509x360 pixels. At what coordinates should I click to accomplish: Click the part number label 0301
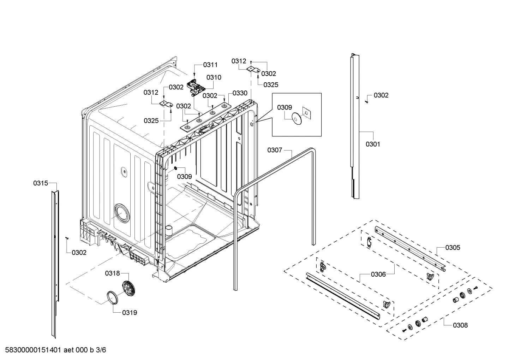pyautogui.click(x=373, y=144)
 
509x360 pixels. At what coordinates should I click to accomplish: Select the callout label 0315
pyautogui.click(x=41, y=183)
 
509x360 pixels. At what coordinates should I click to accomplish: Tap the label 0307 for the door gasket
pyautogui.click(x=275, y=150)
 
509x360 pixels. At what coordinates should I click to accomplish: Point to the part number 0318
pyautogui.click(x=112, y=273)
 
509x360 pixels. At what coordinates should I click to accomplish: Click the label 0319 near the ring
pyautogui.click(x=130, y=313)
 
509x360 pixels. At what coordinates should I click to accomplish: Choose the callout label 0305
pyautogui.click(x=453, y=248)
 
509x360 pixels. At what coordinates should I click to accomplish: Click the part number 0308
pyautogui.click(x=460, y=325)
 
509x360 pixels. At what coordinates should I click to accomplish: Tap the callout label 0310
pyautogui.click(x=214, y=77)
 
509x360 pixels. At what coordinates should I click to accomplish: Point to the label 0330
pyautogui.click(x=240, y=93)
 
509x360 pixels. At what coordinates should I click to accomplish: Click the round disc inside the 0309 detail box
pyautogui.click(x=296, y=118)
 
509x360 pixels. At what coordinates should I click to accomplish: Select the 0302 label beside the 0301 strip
pyautogui.click(x=381, y=95)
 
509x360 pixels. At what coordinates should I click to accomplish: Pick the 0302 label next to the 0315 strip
pyautogui.click(x=79, y=253)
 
